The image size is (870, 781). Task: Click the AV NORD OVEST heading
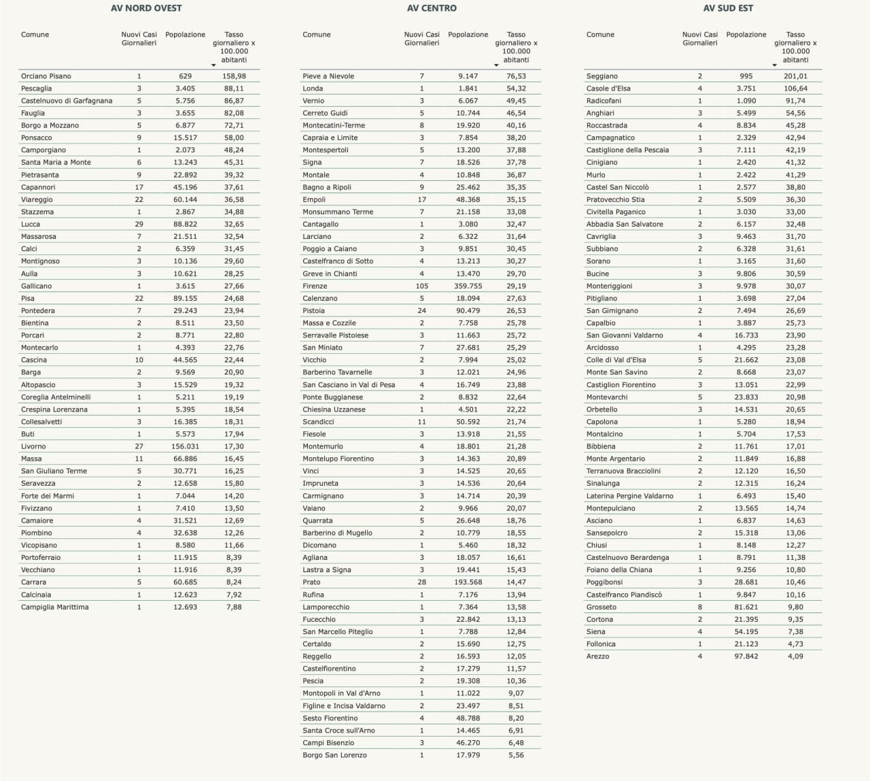146,8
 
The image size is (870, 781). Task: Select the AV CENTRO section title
432,8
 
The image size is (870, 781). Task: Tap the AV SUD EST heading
728,8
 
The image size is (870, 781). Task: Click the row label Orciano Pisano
46,76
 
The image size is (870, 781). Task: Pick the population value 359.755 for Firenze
468,286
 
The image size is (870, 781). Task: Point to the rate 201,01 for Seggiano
795,76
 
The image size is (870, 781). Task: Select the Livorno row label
34,447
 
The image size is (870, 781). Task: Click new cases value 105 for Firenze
422,286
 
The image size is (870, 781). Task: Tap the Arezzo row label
598,657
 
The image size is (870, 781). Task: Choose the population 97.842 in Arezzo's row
746,657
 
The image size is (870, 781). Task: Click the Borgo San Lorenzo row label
334,755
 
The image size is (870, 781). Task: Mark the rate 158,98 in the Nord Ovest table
234,76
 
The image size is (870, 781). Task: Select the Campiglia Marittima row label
55,608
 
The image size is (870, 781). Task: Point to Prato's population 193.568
468,582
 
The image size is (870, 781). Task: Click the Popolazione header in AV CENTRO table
468,35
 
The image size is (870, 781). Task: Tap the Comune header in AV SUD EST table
600,35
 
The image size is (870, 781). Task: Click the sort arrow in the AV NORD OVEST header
213,65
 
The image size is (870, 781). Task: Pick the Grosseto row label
602,608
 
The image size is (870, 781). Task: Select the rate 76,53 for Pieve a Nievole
516,76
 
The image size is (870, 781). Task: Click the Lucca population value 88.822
186,225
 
